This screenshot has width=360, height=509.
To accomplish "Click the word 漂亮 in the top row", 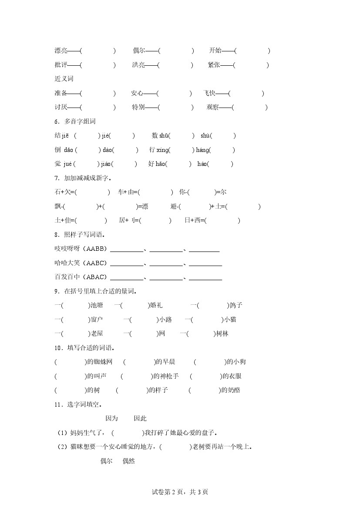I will [x=61, y=51].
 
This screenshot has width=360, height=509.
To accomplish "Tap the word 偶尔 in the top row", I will [x=139, y=51].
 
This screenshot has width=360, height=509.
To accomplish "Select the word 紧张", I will [x=214, y=65].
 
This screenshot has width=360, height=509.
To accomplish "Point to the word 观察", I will [x=213, y=107].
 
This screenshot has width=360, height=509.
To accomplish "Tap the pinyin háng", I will [x=202, y=150].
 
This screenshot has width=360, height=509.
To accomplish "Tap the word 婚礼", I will [x=156, y=305].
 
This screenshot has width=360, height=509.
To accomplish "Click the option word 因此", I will [x=140, y=418].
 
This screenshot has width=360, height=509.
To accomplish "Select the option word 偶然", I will [x=128, y=461].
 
